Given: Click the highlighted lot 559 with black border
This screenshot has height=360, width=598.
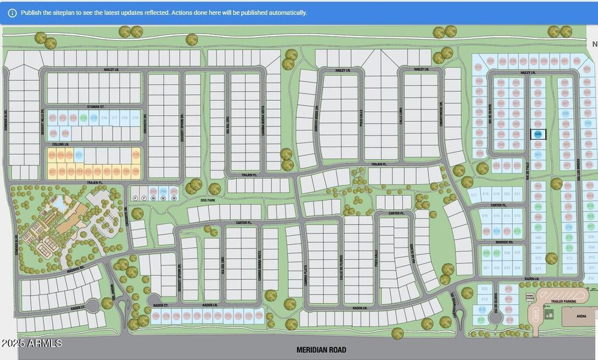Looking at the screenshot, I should coord(538,134).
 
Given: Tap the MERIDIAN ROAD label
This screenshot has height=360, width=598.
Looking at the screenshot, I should coord(321,350).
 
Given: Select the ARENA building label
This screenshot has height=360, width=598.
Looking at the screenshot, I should coord(581,316).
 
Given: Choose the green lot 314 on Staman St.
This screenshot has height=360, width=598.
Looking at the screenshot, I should coord(84,118).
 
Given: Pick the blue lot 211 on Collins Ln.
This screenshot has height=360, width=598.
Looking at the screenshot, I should coord(79,155).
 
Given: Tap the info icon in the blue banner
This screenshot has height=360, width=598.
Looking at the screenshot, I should coord(12,13).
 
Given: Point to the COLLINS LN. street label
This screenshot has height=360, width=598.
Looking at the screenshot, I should coord(61,144).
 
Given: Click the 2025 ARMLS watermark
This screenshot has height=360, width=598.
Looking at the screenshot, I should coord(31,343).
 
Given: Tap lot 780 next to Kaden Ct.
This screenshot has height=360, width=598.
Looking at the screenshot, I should coord(156,316).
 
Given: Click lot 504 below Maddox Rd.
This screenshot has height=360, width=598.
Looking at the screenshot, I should coord(518,268).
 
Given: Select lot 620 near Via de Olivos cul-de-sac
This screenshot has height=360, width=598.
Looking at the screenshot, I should coord(485,289).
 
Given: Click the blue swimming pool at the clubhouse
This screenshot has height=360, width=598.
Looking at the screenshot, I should coord(60,203).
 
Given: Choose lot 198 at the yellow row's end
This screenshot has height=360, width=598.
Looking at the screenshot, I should coord(136,172).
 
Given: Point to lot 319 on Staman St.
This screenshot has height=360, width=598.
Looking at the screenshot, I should coord(136,118).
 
